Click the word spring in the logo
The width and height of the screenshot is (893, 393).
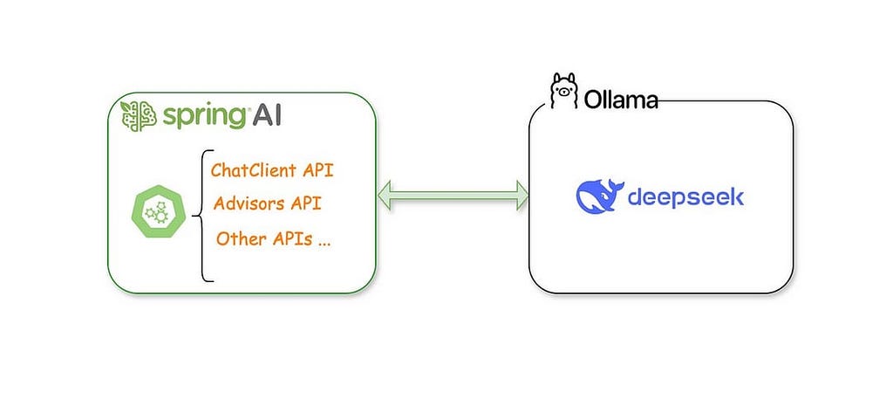(x=205, y=117)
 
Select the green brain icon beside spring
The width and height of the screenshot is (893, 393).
(x=138, y=116)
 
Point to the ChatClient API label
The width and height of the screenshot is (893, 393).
(x=272, y=170)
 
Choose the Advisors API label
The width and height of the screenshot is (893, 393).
(x=267, y=203)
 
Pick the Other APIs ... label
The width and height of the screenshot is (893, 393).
(x=273, y=238)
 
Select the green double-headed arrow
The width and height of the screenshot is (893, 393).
(x=453, y=195)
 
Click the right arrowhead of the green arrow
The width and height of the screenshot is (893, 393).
(x=521, y=195)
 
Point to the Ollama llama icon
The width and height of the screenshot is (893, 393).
(x=563, y=91)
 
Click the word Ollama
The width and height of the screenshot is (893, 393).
(x=621, y=100)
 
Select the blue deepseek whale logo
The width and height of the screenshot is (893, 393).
(x=600, y=196)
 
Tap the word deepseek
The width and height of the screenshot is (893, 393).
(x=685, y=198)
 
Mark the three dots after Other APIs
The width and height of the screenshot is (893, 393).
(x=324, y=243)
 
